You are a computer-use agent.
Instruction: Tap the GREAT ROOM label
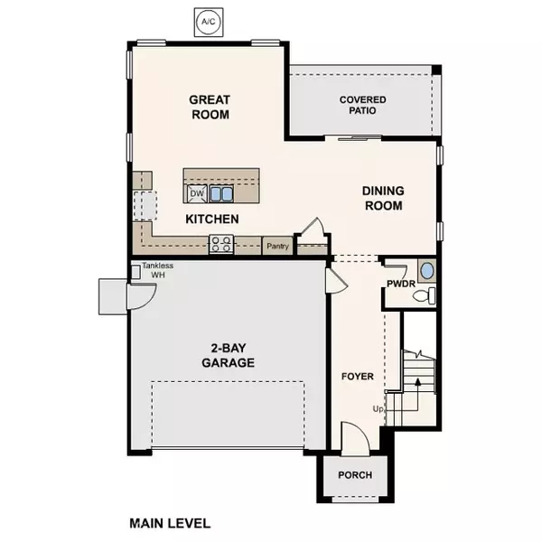(x=210, y=107)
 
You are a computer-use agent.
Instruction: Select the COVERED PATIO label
(x=363, y=105)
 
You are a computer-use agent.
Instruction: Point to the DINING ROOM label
(x=383, y=198)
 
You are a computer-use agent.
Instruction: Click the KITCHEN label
(x=211, y=220)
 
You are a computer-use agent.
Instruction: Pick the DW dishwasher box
(x=196, y=193)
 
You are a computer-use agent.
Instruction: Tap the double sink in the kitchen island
(x=221, y=193)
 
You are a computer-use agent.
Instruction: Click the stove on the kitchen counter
(x=221, y=243)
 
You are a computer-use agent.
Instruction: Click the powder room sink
(x=428, y=270)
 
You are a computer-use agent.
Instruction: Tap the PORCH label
(x=355, y=475)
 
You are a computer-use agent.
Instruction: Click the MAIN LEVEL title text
(x=170, y=523)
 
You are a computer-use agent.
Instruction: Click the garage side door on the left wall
(x=113, y=295)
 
